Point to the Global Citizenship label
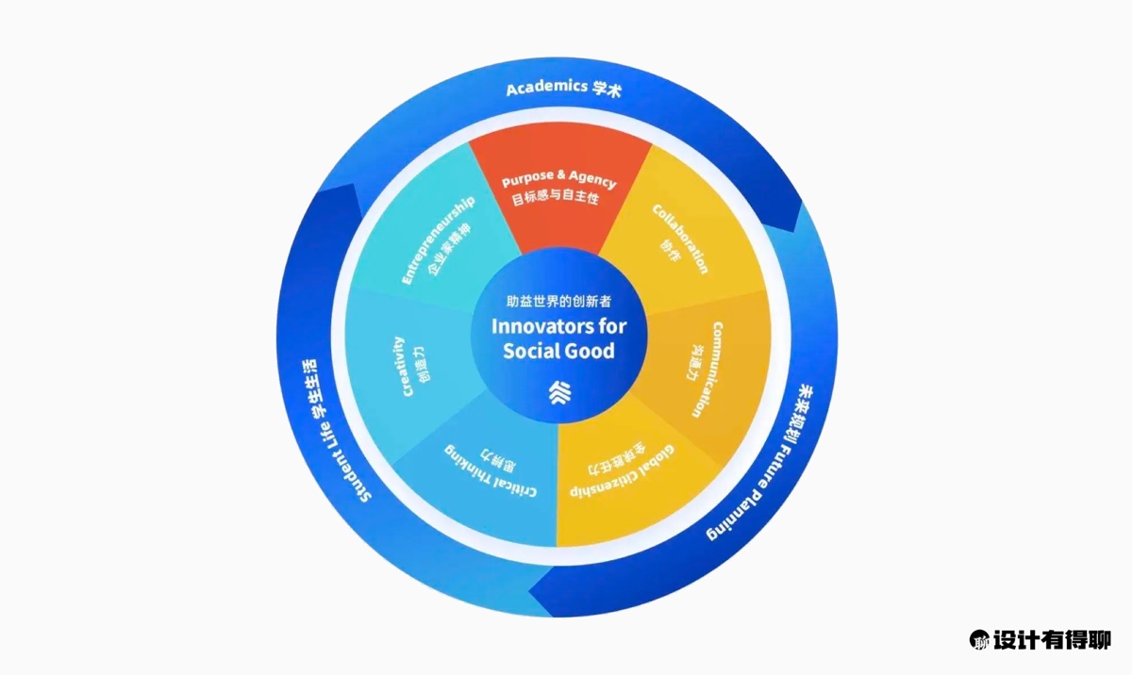pos(630,469)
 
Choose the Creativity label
pos(400,366)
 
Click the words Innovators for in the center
pos(558,327)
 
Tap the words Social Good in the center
pos(558,352)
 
